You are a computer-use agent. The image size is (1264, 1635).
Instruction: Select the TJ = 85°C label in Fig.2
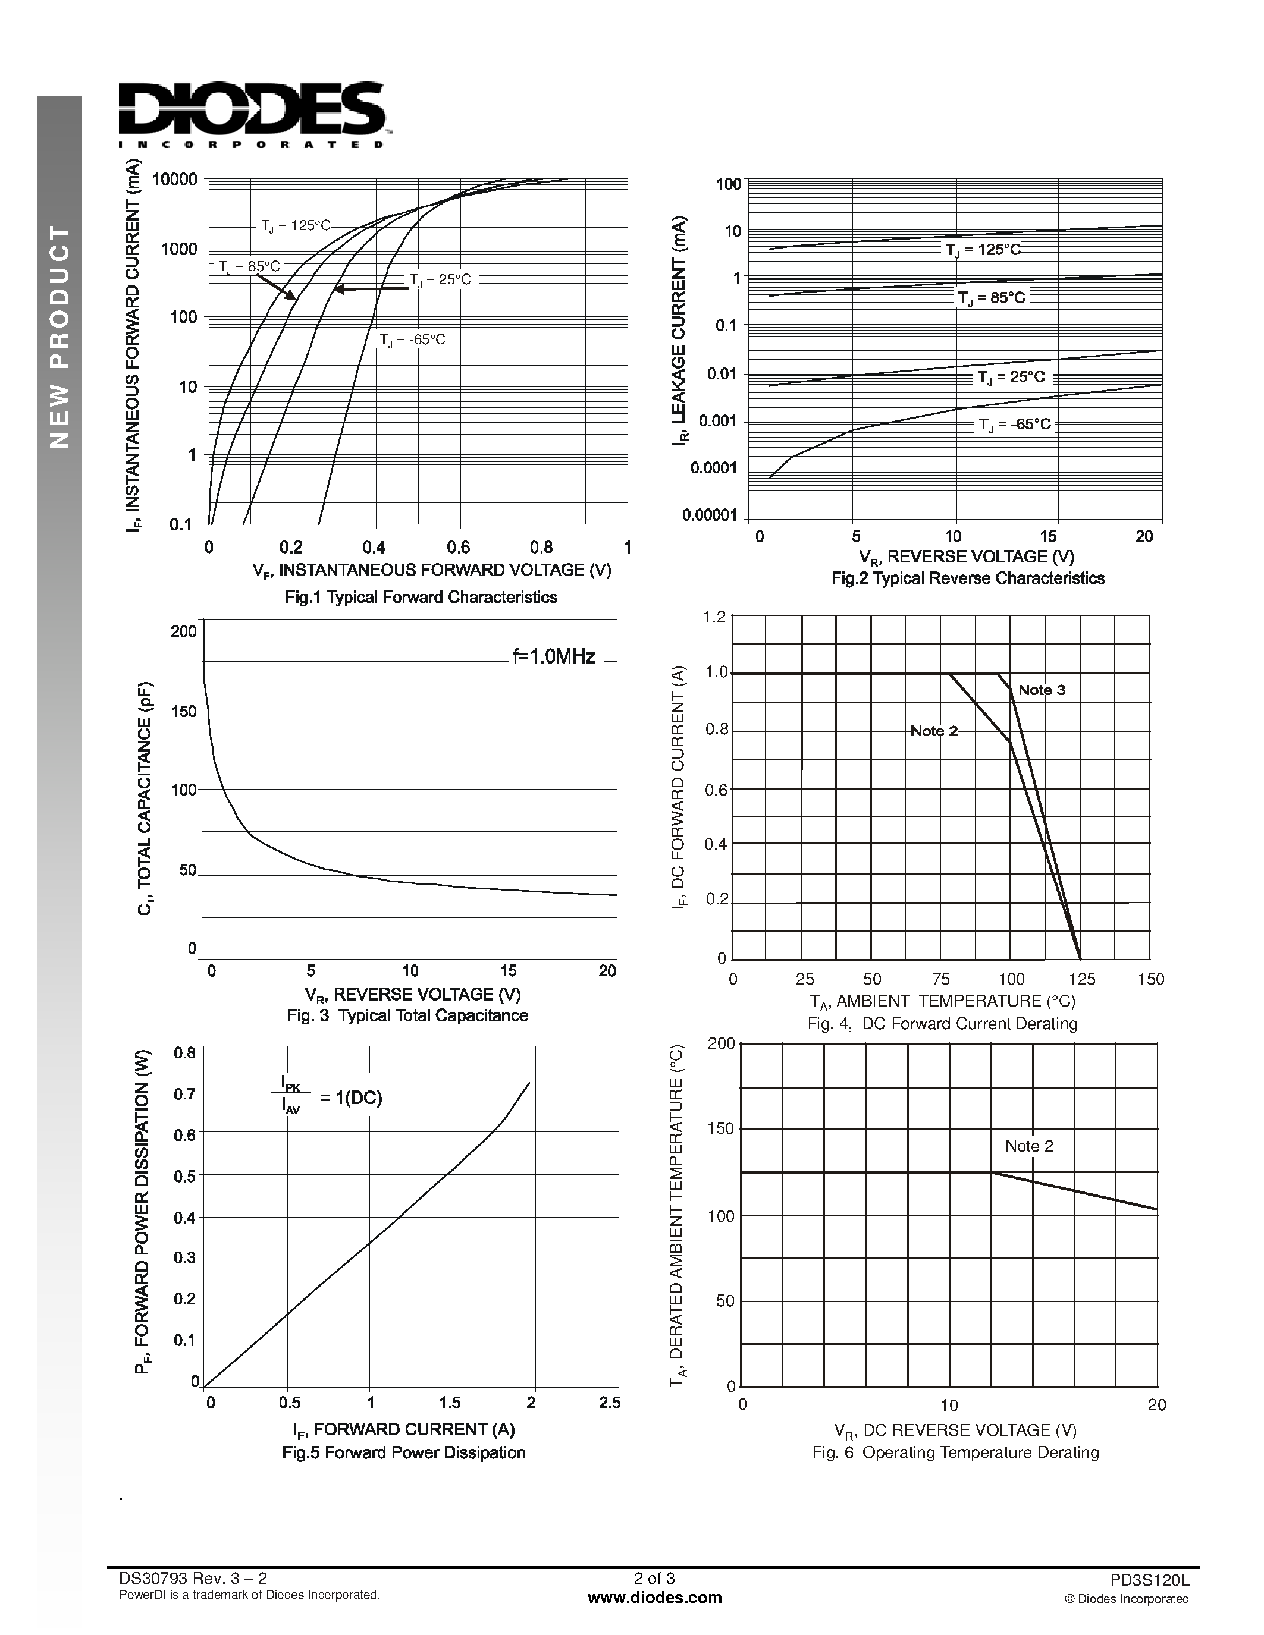[992, 298]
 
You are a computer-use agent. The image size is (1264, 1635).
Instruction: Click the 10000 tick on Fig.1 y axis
[174, 180]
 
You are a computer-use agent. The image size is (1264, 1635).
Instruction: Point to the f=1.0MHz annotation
[553, 656]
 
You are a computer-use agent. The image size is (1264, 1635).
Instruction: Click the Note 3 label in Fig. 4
[1042, 690]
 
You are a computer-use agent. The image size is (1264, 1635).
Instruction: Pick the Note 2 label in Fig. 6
[1029, 1146]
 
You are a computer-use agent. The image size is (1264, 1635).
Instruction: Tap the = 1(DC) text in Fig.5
[350, 1098]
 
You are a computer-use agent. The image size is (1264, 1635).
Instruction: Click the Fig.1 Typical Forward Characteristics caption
[421, 597]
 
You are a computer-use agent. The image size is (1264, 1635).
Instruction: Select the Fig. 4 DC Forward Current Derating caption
[942, 1023]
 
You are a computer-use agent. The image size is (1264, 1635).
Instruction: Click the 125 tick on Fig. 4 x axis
[1081, 979]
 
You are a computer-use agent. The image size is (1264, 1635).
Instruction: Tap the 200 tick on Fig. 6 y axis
[720, 1043]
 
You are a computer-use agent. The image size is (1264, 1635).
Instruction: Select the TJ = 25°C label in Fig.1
[440, 280]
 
